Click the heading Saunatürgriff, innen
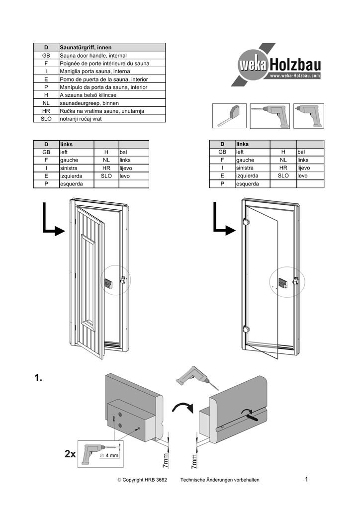coord(83,47)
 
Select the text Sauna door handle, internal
coord(93,55)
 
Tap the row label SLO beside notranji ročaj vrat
coord(46,119)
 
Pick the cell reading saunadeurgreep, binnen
coord(89,103)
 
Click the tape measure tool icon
coord(230,116)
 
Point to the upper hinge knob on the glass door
coord(245,222)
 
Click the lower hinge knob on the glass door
coord(245,329)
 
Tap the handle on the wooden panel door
coord(108,283)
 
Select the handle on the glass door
coord(282,283)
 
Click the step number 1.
coord(39,379)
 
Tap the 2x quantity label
coord(70,454)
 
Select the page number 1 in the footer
coord(307,479)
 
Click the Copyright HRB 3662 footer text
coord(142,480)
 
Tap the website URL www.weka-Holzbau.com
coord(295,76)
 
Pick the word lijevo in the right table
coord(304,168)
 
